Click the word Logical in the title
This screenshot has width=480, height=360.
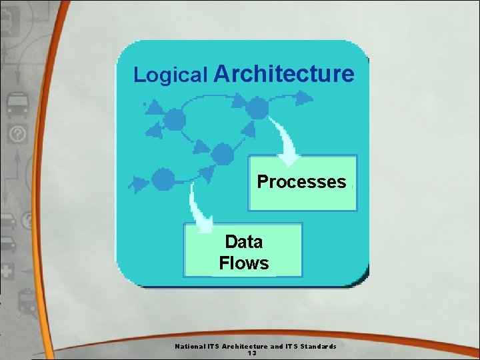click(171, 75)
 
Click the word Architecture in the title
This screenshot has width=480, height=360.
click(284, 73)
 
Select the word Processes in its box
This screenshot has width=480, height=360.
click(301, 181)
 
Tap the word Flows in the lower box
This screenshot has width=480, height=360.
click(244, 263)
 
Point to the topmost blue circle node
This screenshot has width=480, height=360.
click(257, 108)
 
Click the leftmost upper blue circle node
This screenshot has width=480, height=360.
click(175, 120)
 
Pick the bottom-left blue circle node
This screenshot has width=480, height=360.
click(163, 179)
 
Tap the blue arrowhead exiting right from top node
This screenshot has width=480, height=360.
click(304, 98)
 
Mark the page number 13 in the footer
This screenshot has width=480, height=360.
click(252, 353)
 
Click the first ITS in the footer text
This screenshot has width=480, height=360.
click(212, 346)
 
